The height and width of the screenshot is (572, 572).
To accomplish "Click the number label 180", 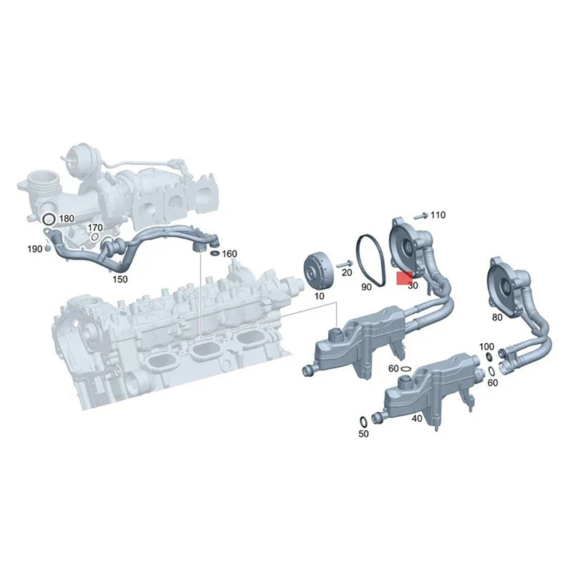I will coord(66,218).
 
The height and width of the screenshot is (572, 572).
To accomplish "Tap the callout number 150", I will coord(120,279).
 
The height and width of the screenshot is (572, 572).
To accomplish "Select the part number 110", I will coord(438,214).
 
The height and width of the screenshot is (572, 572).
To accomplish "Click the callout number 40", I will coord(417,418).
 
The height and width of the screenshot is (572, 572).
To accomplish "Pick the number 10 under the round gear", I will coord(318,295).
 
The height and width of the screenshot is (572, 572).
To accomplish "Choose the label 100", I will coord(486,346).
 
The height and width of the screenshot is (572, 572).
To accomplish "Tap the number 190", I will coord(34,248).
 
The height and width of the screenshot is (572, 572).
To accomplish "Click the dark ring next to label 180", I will coord(49,218).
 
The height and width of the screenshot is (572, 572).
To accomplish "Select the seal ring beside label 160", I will coord(214,253).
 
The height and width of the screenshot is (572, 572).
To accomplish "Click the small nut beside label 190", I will coord(46,247).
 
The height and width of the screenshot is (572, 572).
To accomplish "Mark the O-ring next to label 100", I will coord(488,355).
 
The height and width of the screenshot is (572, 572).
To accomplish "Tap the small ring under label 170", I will coord(95,237).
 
